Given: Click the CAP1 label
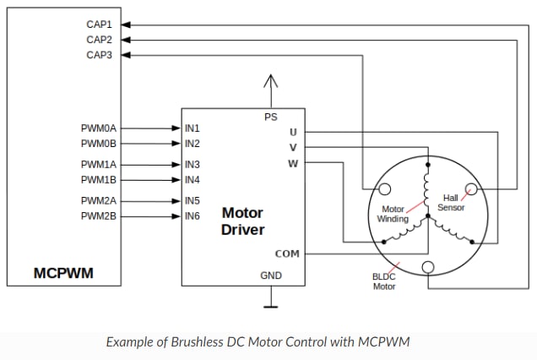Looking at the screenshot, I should [x=99, y=25].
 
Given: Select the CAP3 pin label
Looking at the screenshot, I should [x=99, y=55].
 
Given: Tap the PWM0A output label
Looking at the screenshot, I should [x=98, y=128].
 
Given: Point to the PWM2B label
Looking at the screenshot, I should [x=98, y=216].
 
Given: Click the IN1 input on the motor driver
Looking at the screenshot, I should [x=193, y=128].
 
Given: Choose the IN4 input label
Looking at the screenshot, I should [x=193, y=180].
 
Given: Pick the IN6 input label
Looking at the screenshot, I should [x=193, y=216].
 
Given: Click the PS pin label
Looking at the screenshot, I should [x=270, y=117].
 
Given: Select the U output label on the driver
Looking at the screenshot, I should [x=293, y=132].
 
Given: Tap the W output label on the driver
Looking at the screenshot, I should [x=292, y=163].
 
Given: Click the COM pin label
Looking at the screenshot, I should [x=287, y=254].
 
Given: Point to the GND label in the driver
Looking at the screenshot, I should [x=270, y=276].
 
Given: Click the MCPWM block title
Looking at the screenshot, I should [x=63, y=272].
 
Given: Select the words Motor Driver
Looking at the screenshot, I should [x=242, y=221].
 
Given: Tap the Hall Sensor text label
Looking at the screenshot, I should [x=451, y=202].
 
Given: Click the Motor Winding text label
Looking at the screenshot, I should [x=393, y=213].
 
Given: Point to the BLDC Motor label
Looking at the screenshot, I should [x=384, y=281].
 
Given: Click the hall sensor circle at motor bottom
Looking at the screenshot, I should [x=428, y=269].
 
